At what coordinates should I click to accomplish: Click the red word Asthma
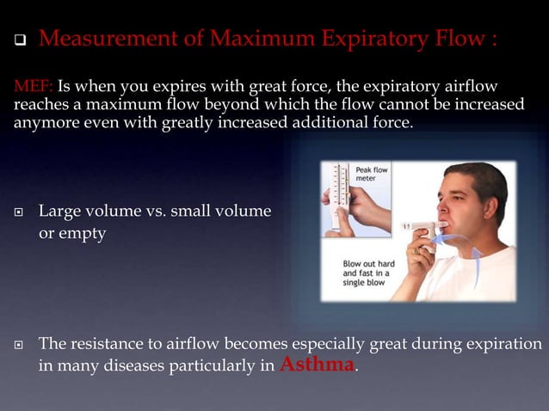(317, 365)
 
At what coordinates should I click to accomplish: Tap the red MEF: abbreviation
(33, 87)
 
